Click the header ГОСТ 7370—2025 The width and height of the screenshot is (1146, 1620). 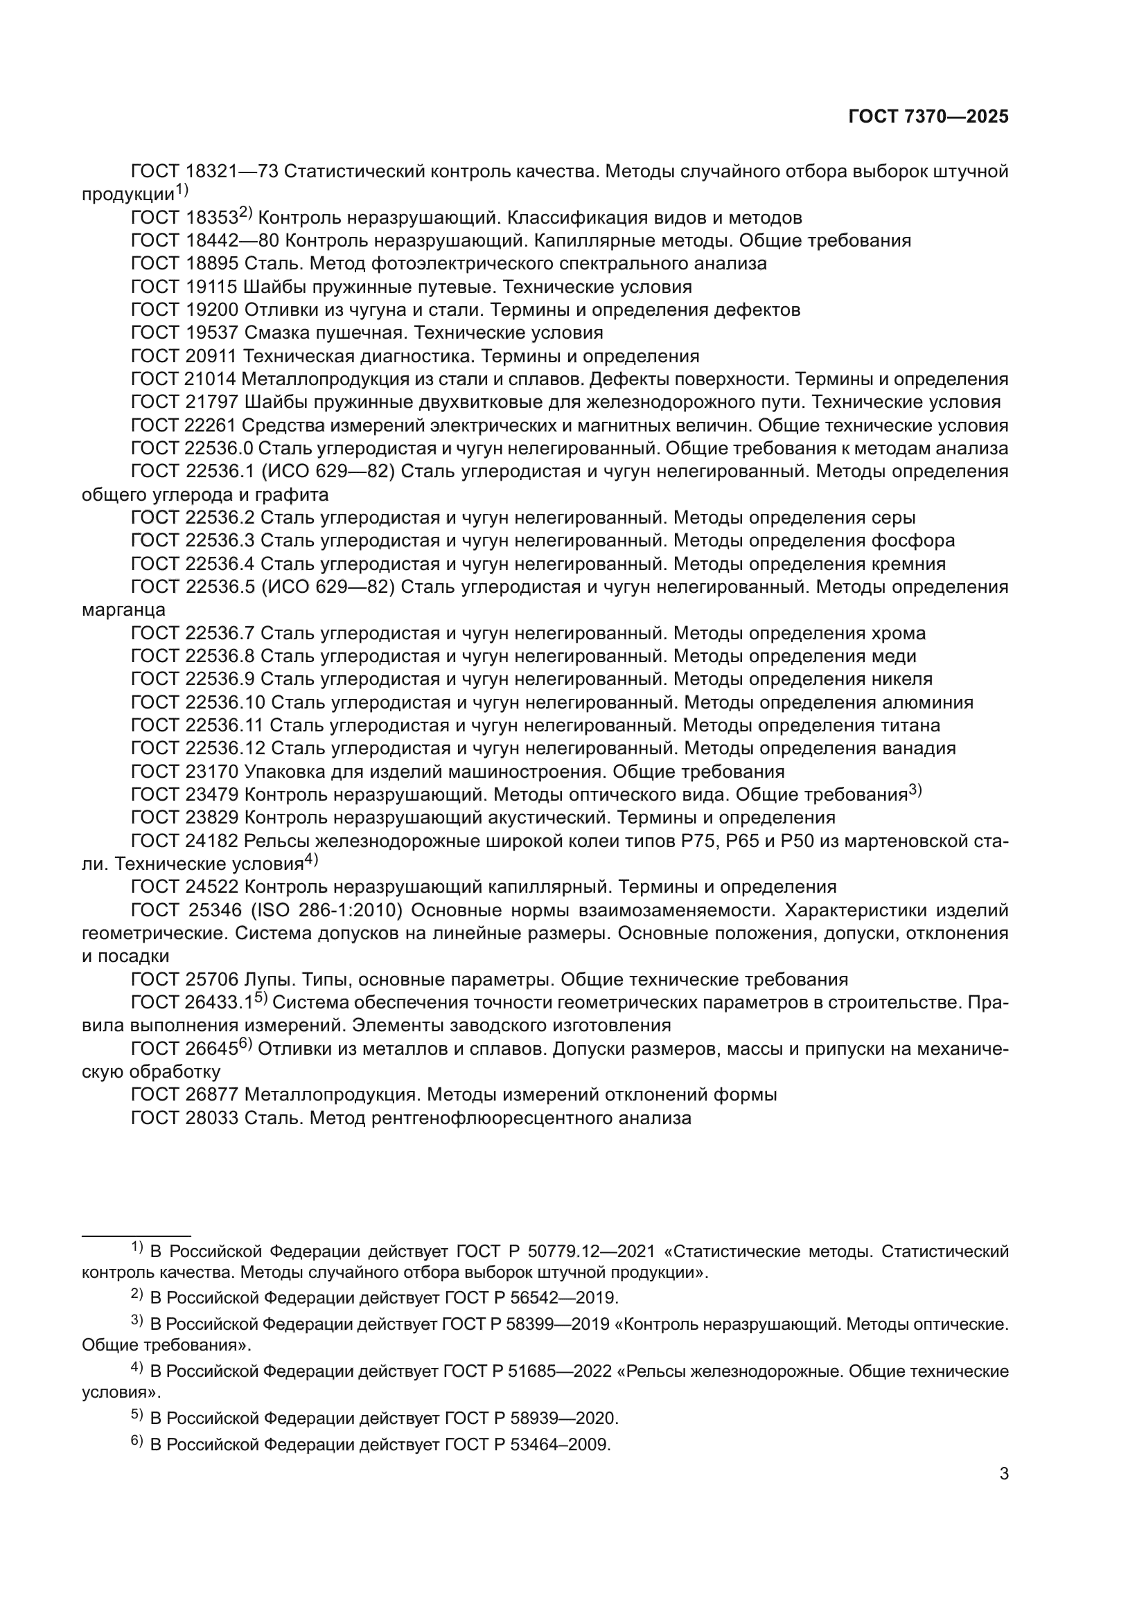coord(928,117)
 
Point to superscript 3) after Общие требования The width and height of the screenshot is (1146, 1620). coord(915,790)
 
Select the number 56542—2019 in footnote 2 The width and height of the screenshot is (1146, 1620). coord(565,1297)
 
